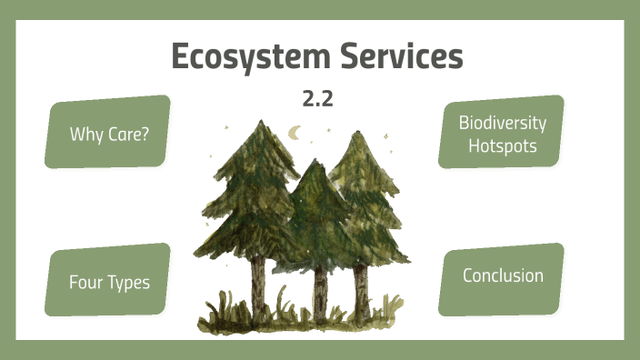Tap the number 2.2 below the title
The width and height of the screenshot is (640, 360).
pyautogui.click(x=317, y=99)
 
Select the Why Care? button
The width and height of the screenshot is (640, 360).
pyautogui.click(x=108, y=133)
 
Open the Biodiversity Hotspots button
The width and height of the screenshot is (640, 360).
pyautogui.click(x=502, y=133)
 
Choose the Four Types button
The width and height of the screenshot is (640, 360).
pyautogui.click(x=108, y=281)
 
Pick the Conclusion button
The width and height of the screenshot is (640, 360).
pyautogui.click(x=502, y=275)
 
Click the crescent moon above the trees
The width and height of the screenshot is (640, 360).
pyautogui.click(x=295, y=133)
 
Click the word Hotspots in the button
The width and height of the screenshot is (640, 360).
pyautogui.click(x=502, y=145)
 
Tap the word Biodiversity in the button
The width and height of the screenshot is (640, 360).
pyautogui.click(x=502, y=123)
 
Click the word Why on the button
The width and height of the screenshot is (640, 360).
pyautogui.click(x=85, y=134)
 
